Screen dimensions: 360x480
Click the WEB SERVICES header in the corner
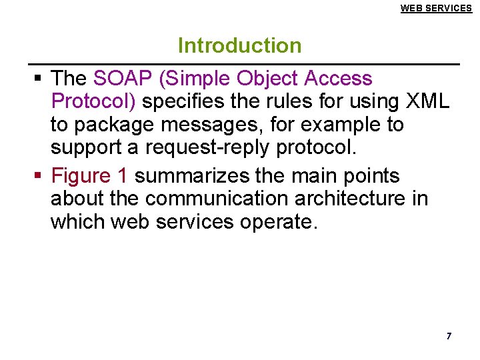[436, 8]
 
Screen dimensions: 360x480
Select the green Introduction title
[239, 45]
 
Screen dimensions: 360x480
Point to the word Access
[338, 79]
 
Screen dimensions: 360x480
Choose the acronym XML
[428, 102]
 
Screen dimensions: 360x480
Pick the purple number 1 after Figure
[122, 176]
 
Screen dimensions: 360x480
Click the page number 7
[449, 336]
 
